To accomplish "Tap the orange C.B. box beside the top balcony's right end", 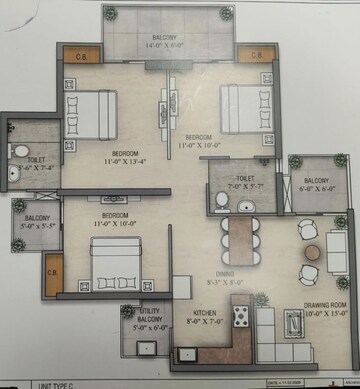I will pos(255,55).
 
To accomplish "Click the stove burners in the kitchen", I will pos(240,319).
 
